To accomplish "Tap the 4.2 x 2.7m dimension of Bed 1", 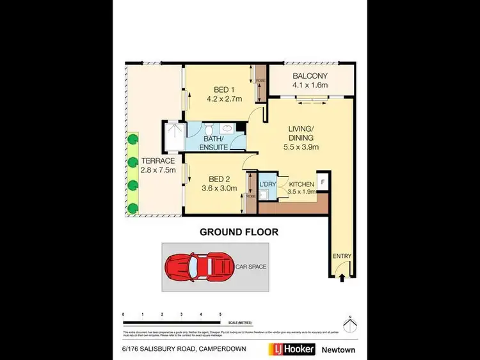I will [x=224, y=99].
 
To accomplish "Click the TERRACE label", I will [x=157, y=161].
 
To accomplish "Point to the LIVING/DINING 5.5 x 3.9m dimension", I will [x=301, y=146].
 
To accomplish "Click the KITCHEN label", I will [x=301, y=184].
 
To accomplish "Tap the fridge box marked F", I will [x=323, y=181].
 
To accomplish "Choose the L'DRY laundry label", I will [x=268, y=184].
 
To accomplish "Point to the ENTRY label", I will [x=342, y=256].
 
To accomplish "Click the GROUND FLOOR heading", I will [x=239, y=232].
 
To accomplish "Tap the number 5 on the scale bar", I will [x=221, y=315].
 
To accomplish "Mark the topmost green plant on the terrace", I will [x=132, y=139].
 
